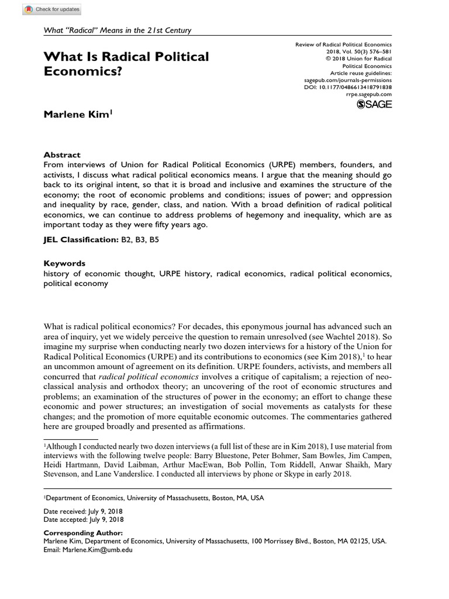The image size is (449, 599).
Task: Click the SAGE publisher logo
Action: [374, 104]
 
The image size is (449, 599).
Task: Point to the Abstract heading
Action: [62, 155]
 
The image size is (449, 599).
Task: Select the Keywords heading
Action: [64, 263]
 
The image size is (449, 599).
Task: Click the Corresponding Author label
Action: [84, 533]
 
